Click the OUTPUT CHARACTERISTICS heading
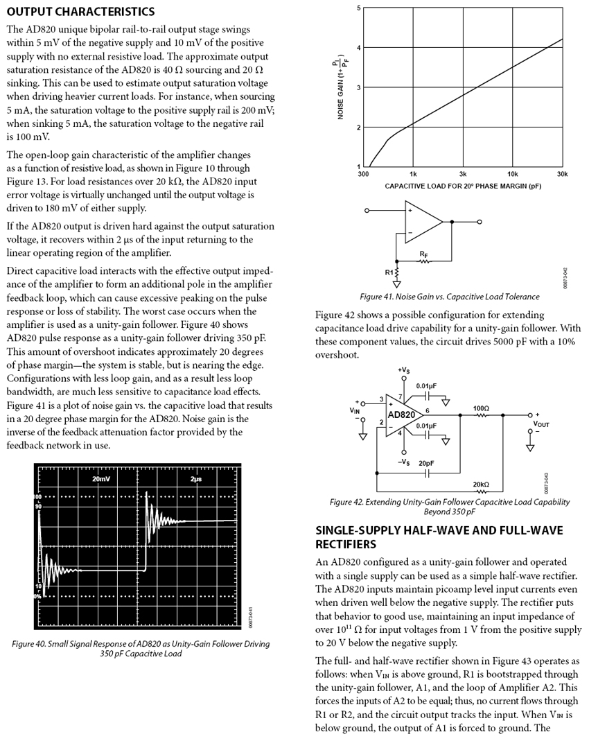tap(80, 12)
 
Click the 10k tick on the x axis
tap(513, 175)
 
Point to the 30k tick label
tap(562, 175)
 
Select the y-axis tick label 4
tap(358, 48)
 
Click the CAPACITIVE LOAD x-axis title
tap(463, 186)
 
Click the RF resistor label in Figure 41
tap(423, 255)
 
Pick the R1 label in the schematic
tap(388, 272)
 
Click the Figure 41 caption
tap(449, 297)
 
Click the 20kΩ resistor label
tap(481, 484)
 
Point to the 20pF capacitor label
tap(428, 463)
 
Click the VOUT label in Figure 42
tap(541, 422)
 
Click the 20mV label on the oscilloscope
tap(101, 479)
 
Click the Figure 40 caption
tap(141, 649)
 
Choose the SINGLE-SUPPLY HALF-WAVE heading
tap(439, 537)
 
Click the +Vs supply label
tap(403, 369)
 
